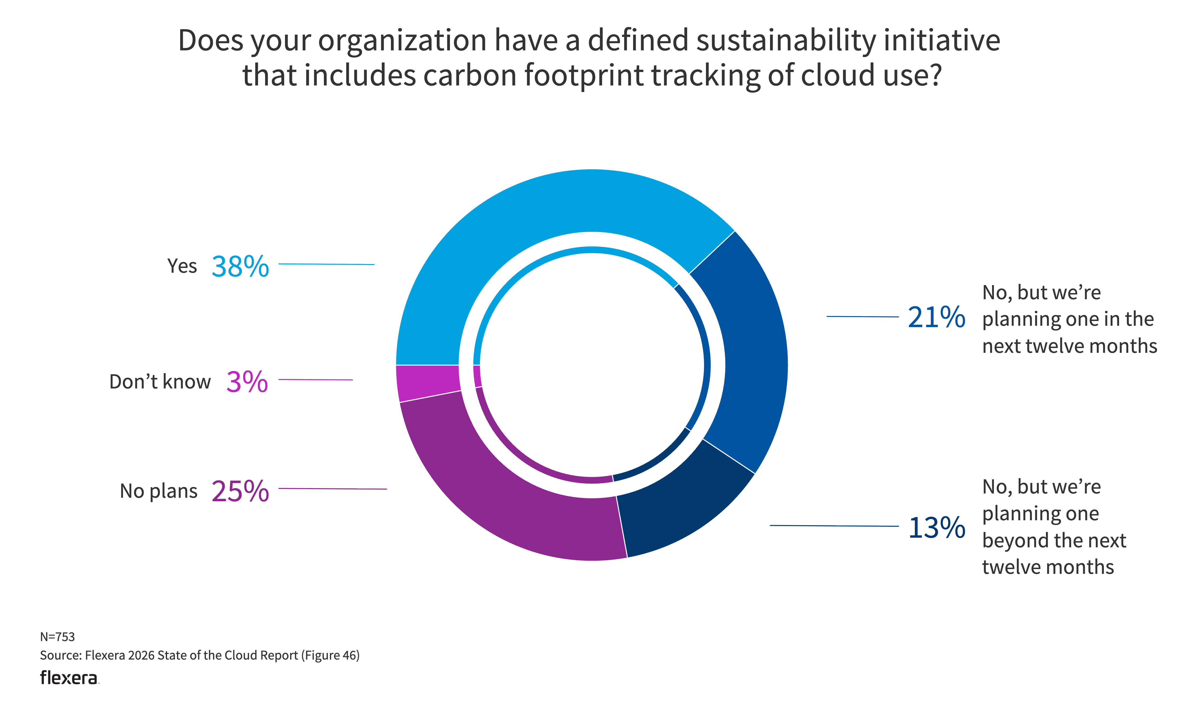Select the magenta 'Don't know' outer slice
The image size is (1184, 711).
pyautogui.click(x=427, y=382)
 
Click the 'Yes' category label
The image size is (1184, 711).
pyautogui.click(x=182, y=266)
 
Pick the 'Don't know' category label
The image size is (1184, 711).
pyautogui.click(x=160, y=382)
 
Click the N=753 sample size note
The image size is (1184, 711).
pyautogui.click(x=58, y=637)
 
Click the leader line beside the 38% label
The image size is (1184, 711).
pyautogui.click(x=326, y=264)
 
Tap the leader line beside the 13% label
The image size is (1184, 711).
pyautogui.click(x=834, y=526)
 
